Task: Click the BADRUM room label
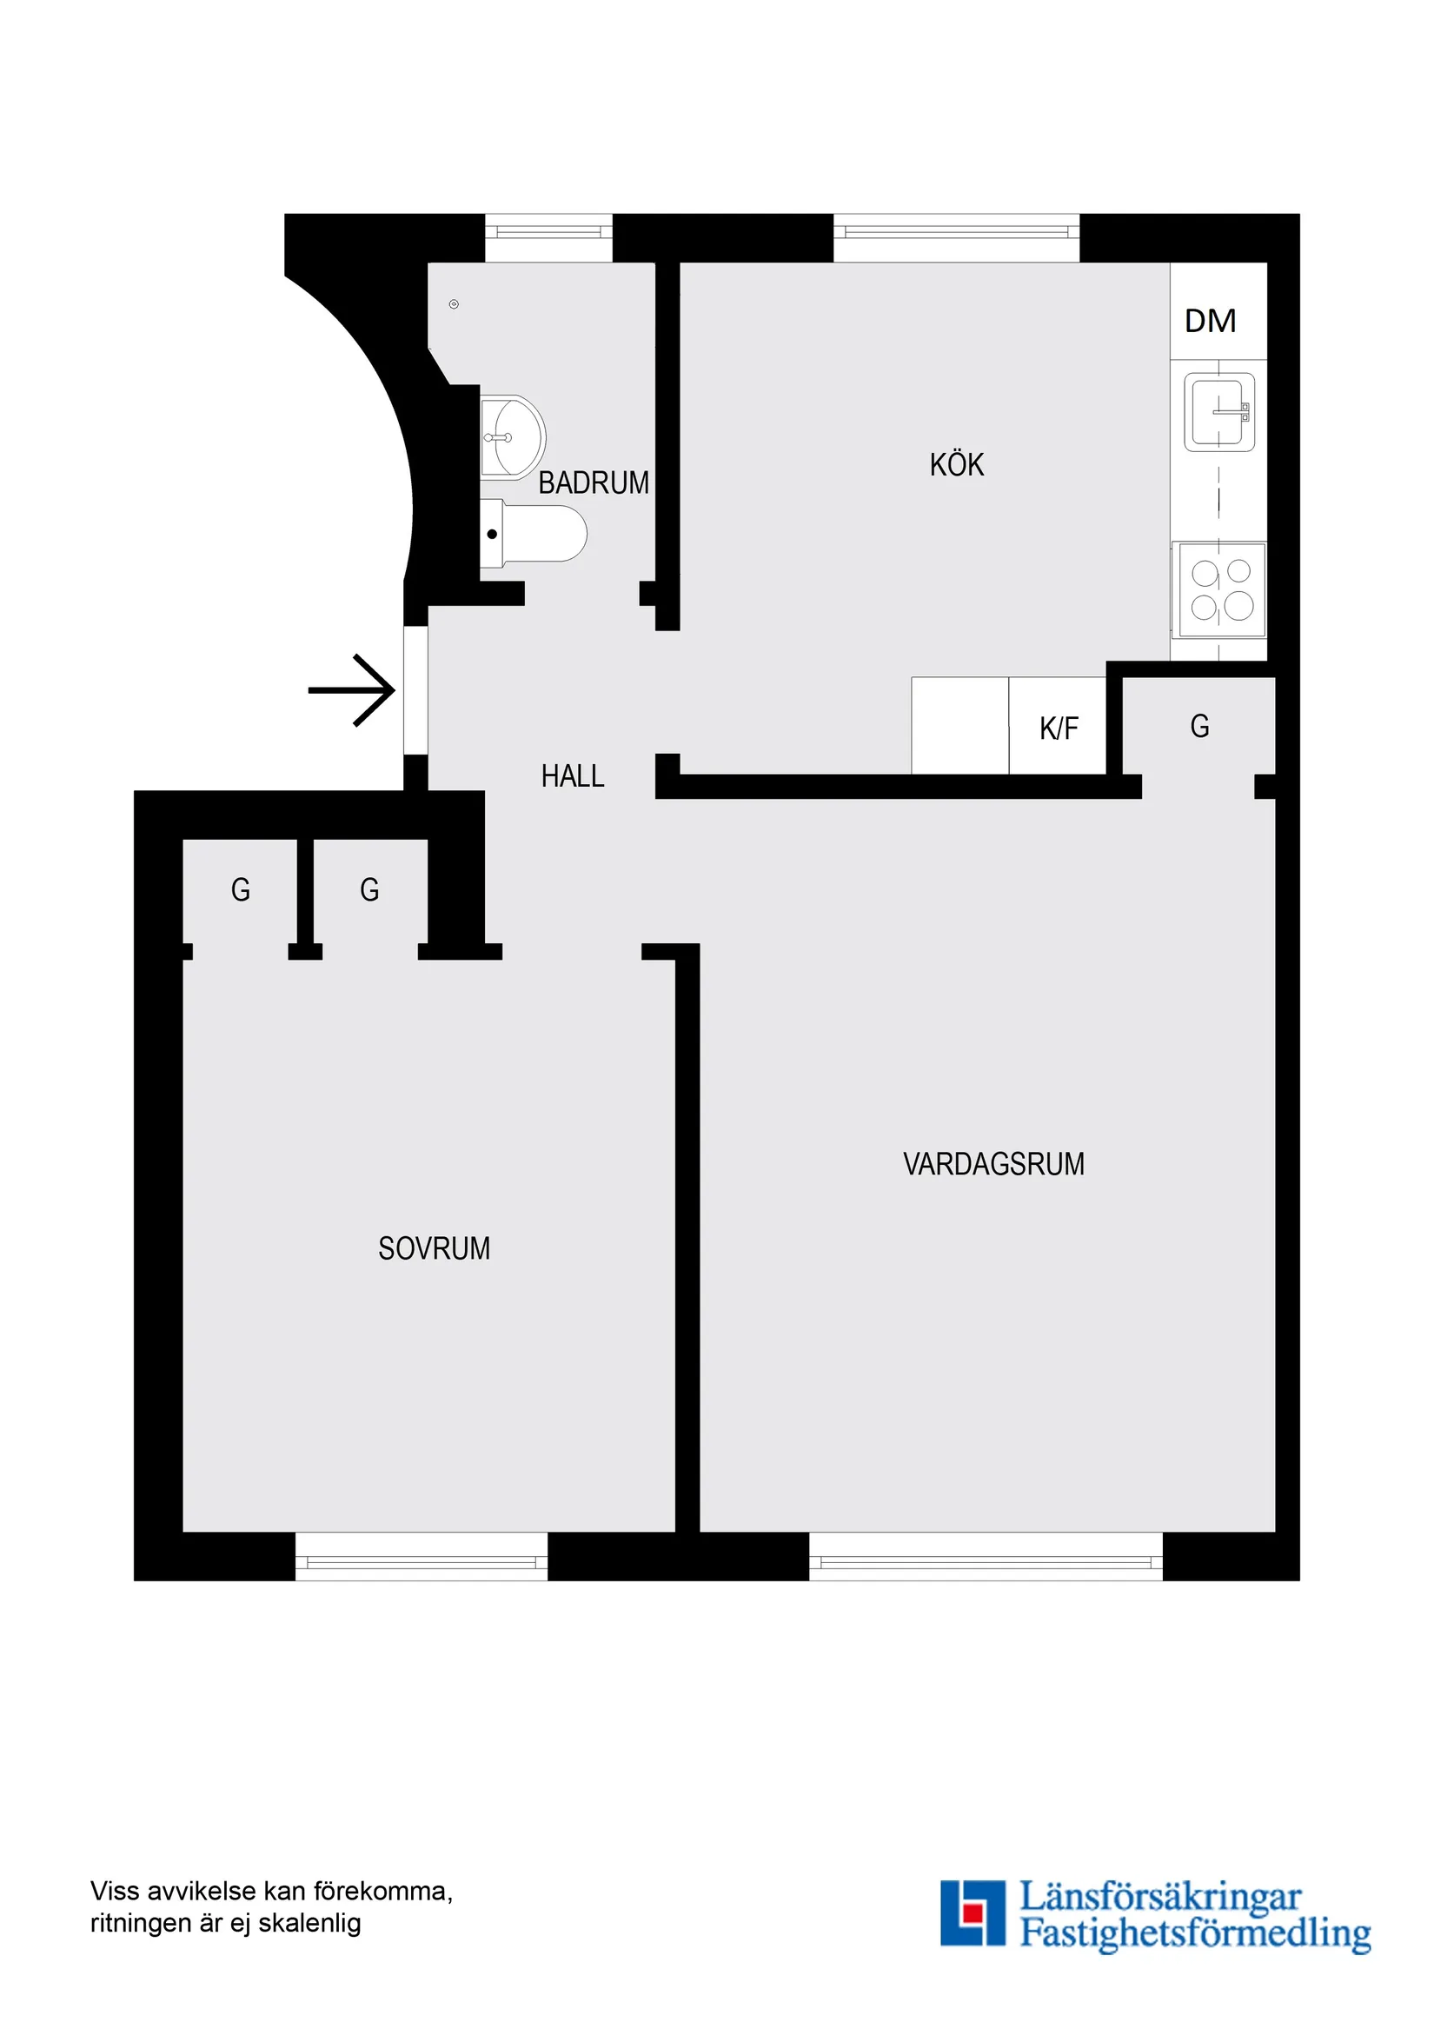[x=593, y=482]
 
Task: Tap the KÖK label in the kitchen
[x=956, y=465]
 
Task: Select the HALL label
[x=573, y=776]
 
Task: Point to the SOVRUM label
[x=434, y=1247]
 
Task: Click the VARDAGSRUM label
[x=993, y=1164]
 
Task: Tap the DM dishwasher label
[x=1210, y=321]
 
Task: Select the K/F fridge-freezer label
[x=1059, y=728]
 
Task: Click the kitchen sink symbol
[x=1219, y=413]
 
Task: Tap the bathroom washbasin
[x=513, y=437]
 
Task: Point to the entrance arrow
[x=352, y=690]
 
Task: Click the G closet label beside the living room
[x=1199, y=727]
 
